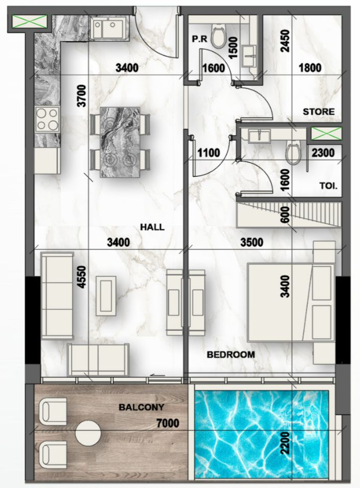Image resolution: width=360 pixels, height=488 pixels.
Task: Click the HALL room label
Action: [x=152, y=227]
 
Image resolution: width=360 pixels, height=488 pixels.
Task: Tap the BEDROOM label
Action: [x=231, y=354]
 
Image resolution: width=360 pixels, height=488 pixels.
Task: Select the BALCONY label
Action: [x=141, y=407]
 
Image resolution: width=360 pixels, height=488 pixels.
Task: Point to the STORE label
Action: [x=319, y=111]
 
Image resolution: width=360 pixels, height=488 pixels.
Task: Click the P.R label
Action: [x=199, y=39]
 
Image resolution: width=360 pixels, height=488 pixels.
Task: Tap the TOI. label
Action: [x=328, y=186]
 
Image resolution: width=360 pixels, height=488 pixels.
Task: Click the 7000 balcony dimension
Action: [x=168, y=423]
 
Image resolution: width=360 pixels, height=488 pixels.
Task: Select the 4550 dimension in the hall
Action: [x=81, y=277]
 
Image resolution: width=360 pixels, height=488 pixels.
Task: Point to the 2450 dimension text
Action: [x=285, y=41]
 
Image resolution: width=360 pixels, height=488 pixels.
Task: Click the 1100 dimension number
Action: [x=209, y=153]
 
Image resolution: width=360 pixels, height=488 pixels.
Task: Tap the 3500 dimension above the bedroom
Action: [x=252, y=242]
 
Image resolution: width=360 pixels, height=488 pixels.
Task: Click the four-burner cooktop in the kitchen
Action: [x=47, y=118]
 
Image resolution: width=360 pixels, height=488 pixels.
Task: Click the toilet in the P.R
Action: [x=218, y=37]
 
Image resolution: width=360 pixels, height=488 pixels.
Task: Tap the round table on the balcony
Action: [x=88, y=433]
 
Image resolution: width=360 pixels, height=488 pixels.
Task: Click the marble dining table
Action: [x=119, y=142]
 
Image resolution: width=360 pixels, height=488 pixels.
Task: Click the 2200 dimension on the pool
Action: [x=285, y=443]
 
